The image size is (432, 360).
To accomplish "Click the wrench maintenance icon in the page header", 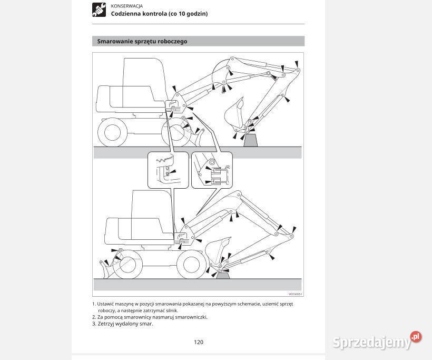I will click(x=99, y=9).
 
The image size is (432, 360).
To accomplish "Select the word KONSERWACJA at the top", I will click(x=126, y=6).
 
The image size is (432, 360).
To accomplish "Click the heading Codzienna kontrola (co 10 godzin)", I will click(x=159, y=14).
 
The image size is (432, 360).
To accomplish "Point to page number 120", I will click(x=199, y=342).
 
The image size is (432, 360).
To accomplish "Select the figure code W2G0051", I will click(x=295, y=294).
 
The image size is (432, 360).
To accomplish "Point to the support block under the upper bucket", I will click(x=251, y=140).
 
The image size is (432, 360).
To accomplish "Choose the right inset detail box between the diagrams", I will click(x=212, y=169).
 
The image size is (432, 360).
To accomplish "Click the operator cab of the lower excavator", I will click(x=152, y=211).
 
